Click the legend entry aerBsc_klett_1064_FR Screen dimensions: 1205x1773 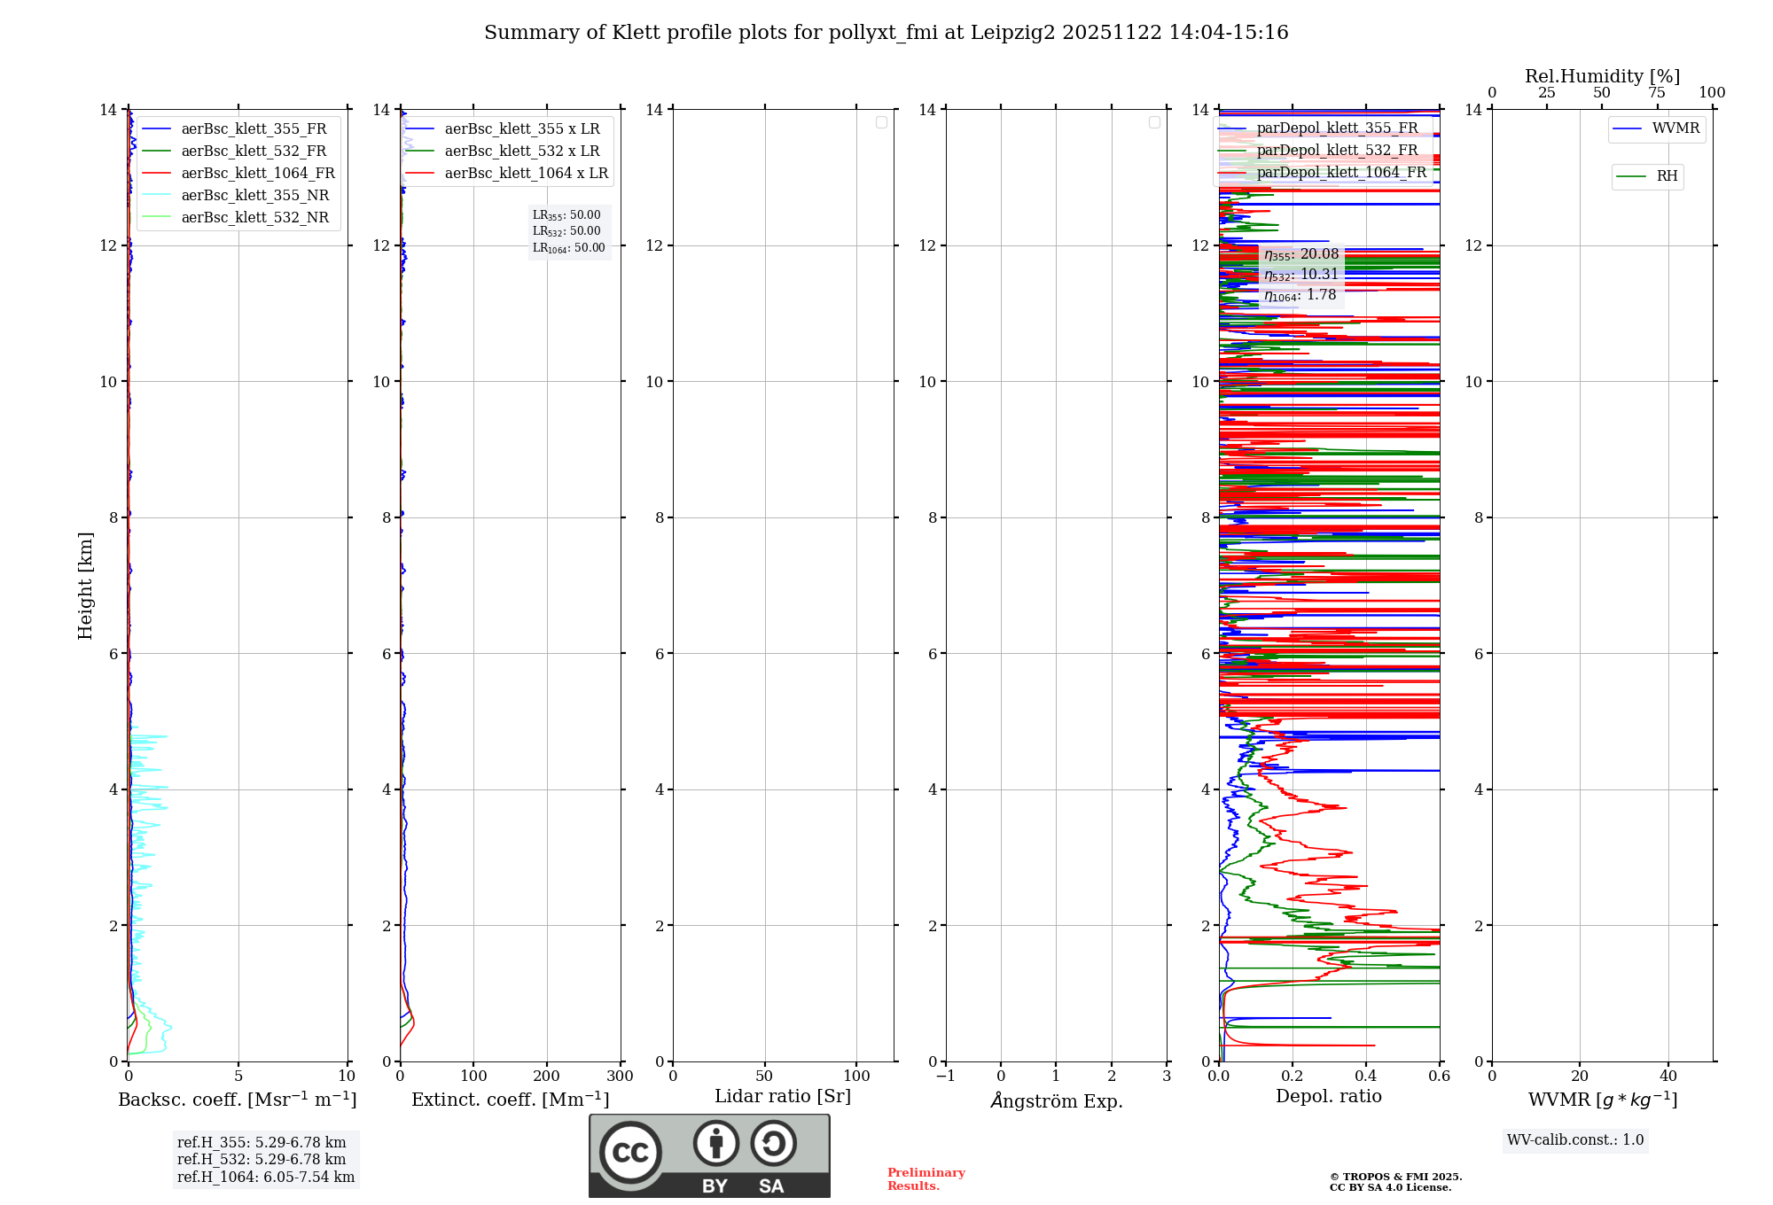[258, 173]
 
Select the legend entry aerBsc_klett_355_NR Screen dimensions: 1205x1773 [254, 195]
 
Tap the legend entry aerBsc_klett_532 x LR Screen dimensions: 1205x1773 [521, 151]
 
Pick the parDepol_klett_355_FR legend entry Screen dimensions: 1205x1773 [1337, 128]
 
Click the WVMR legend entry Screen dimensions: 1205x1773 [1675, 128]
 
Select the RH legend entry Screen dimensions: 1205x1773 [1667, 176]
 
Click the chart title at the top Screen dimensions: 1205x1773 [886, 33]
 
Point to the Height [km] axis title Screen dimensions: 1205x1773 [85, 586]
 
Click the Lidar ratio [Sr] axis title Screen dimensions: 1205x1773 [783, 1096]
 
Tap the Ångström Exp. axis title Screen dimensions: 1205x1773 [1056, 1100]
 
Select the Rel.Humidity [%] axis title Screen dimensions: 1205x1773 [1602, 76]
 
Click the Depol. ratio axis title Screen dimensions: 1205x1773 [1328, 1096]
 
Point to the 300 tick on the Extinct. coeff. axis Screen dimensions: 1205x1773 [620, 1076]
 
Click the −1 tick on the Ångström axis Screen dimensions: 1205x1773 [946, 1076]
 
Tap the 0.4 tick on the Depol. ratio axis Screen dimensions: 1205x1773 [1366, 1076]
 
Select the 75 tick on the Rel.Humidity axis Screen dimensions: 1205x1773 [1657, 92]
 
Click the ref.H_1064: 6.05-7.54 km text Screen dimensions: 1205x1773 [266, 1177]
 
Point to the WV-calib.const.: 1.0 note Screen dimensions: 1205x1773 [1575, 1139]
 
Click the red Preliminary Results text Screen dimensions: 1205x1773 [926, 1178]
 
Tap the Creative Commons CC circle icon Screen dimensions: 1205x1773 [630, 1153]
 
